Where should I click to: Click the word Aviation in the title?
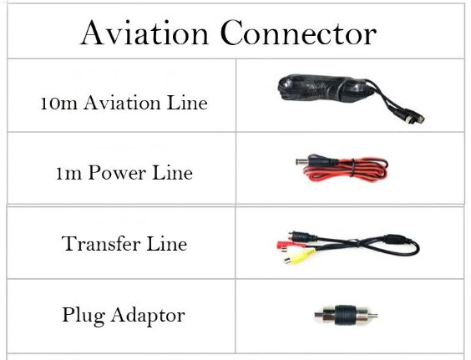(x=144, y=33)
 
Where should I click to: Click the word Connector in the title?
(x=298, y=33)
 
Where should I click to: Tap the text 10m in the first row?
(x=58, y=103)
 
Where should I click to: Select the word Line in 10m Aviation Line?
(x=187, y=103)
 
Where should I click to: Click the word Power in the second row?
(x=117, y=173)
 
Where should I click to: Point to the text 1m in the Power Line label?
(x=68, y=174)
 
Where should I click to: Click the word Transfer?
(x=100, y=243)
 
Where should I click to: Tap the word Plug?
(x=84, y=316)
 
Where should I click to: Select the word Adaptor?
(x=148, y=316)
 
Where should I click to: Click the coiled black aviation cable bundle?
(x=324, y=88)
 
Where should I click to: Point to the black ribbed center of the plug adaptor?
(x=346, y=315)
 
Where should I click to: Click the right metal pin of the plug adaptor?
(x=372, y=316)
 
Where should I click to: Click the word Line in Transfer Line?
(x=167, y=243)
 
